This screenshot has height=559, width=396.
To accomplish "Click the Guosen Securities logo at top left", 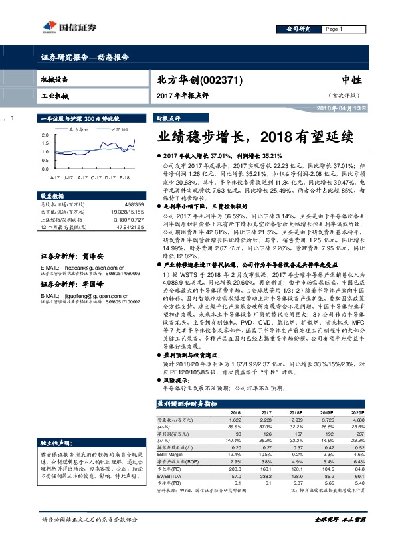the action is (x=65, y=27).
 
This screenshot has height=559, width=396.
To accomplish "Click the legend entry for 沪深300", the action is (x=119, y=129).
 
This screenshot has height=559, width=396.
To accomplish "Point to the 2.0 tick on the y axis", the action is (x=45, y=135).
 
